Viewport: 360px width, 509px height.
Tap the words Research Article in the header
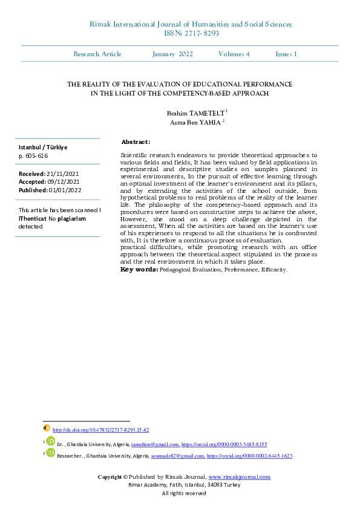[x=97, y=54]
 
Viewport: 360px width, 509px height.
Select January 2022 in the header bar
[x=173, y=54]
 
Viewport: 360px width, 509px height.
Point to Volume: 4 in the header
[x=234, y=54]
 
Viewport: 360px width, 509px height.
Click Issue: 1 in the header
[x=286, y=54]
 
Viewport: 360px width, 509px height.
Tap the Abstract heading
[x=136, y=141]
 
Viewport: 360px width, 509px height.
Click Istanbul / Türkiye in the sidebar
[x=43, y=148]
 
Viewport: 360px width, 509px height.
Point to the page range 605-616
[x=38, y=156]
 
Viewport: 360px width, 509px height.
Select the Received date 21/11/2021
[x=67, y=173]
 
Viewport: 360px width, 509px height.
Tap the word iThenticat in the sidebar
[x=33, y=218]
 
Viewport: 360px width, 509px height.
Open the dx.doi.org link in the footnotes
[x=101, y=430]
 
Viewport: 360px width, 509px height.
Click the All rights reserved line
[x=184, y=493]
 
